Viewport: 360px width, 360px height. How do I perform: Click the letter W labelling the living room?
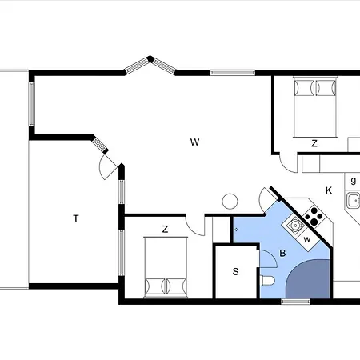[195, 142]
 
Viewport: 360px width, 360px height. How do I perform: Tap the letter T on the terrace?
[76, 218]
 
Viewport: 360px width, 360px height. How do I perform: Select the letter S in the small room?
[235, 271]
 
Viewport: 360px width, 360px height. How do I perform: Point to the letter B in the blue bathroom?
[282, 253]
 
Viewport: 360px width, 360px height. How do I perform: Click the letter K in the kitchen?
[329, 190]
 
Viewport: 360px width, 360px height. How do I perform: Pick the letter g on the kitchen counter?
[354, 181]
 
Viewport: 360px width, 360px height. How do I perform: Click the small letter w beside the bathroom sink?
[307, 239]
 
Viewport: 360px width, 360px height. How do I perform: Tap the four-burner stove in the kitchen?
[314, 215]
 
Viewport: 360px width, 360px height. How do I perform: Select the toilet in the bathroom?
[267, 281]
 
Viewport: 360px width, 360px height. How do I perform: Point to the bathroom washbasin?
[295, 226]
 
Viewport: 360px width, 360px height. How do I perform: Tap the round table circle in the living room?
[230, 201]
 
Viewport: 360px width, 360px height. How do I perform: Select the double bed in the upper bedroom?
[314, 107]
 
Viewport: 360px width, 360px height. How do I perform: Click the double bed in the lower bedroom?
[166, 266]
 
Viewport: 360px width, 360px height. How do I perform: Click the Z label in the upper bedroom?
[314, 143]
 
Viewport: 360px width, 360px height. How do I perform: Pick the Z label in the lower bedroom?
[166, 229]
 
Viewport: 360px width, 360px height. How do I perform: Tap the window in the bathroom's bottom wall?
[296, 302]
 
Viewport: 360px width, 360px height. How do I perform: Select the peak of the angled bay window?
[150, 59]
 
